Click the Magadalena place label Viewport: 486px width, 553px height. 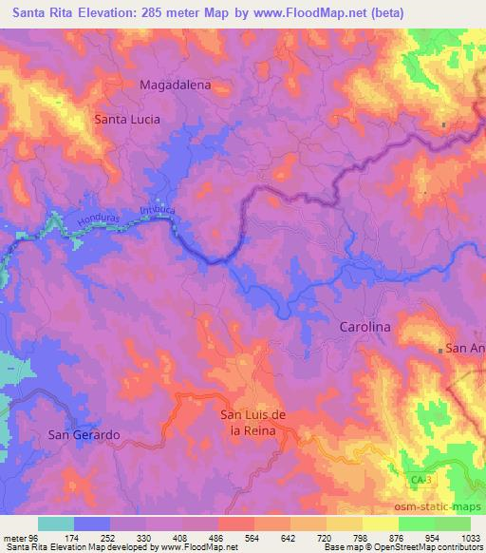[175, 85]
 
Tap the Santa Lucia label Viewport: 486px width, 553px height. [126, 120]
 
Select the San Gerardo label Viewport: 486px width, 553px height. [84, 434]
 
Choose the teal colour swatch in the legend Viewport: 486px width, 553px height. [56, 524]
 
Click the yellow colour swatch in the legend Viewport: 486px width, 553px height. [381, 524]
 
